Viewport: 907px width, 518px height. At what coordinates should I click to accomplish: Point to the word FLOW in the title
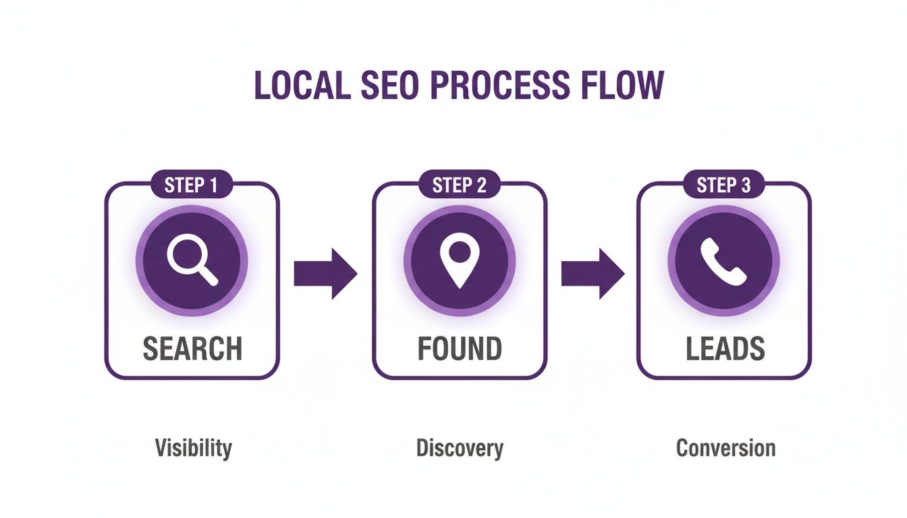[621, 85]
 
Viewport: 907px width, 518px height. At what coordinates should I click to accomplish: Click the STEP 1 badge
[192, 185]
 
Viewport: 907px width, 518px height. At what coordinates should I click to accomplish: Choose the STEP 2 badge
[460, 185]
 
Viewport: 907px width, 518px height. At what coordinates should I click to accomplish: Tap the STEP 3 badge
[724, 185]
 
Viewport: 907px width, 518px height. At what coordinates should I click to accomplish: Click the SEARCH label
[192, 349]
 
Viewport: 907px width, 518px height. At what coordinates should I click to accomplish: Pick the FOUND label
[460, 349]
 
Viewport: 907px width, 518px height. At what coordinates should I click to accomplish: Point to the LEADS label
[725, 349]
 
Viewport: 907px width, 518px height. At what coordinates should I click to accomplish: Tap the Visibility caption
[193, 448]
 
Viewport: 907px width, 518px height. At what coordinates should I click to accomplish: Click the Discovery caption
[460, 448]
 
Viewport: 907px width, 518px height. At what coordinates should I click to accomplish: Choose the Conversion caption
[725, 448]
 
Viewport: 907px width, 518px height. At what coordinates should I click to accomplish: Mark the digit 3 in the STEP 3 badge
[745, 185]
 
